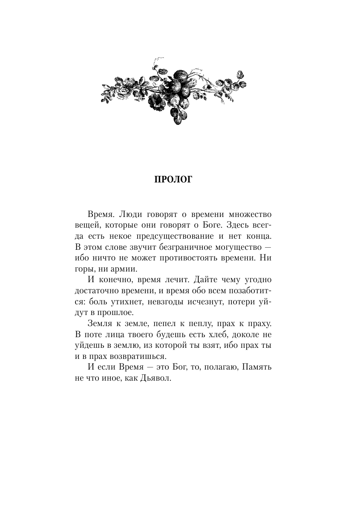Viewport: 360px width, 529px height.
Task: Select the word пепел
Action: [162, 324]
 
